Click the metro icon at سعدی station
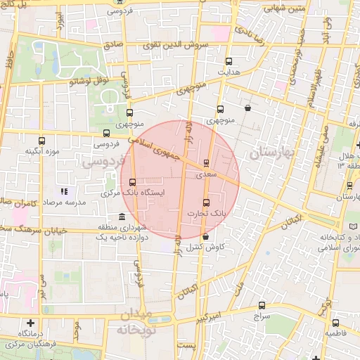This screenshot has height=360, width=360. tap(206, 163)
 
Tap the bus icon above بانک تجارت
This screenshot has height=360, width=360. tap(206, 203)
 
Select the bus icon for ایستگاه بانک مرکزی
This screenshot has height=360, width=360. tap(132, 183)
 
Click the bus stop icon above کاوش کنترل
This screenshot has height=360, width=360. tap(205, 238)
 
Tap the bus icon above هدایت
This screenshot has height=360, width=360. tap(229, 62)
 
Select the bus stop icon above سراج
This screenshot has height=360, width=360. tap(262, 305)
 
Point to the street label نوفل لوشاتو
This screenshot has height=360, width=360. tap(89, 81)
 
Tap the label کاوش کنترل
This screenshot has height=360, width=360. tap(207, 248)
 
